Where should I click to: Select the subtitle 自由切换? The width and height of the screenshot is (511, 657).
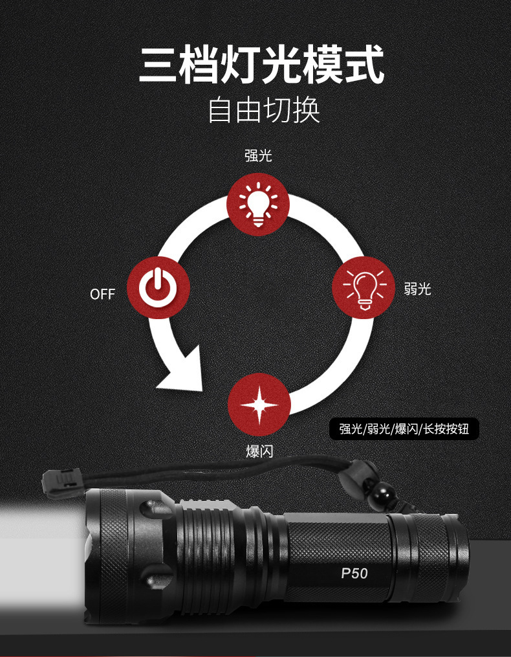pyautogui.click(x=264, y=110)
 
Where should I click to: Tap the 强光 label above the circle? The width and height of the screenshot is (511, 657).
pyautogui.click(x=258, y=155)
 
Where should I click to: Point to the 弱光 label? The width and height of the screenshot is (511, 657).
pyautogui.click(x=417, y=289)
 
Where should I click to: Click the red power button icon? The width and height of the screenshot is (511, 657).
pyautogui.click(x=158, y=287)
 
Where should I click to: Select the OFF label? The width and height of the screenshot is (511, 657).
pyautogui.click(x=102, y=295)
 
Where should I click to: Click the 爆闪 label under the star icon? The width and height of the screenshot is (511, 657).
pyautogui.click(x=259, y=451)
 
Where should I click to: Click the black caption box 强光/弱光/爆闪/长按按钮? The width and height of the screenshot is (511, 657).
pyautogui.click(x=404, y=429)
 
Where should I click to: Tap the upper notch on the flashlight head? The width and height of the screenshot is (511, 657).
pyautogui.click(x=156, y=509)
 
